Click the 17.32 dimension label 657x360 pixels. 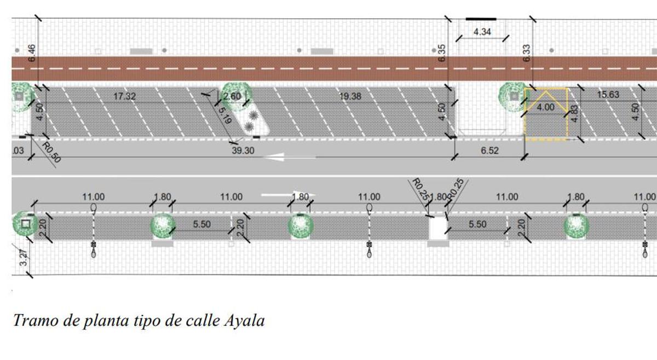[x=124, y=96]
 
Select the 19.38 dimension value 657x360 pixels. [x=350, y=96]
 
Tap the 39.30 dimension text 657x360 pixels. [x=243, y=150]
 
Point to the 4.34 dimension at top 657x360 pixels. [x=482, y=32]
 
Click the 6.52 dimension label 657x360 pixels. [x=489, y=150]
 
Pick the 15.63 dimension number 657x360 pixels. [x=608, y=95]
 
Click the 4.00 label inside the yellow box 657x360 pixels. [x=545, y=108]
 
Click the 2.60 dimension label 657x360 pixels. [x=232, y=96]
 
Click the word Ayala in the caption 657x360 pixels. [x=244, y=321]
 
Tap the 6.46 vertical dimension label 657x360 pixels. [x=32, y=53]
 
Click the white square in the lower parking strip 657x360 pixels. [x=438, y=228]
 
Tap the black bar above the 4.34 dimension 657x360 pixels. [x=481, y=19]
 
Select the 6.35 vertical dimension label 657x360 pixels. [x=442, y=53]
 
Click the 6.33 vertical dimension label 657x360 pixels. [x=526, y=53]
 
